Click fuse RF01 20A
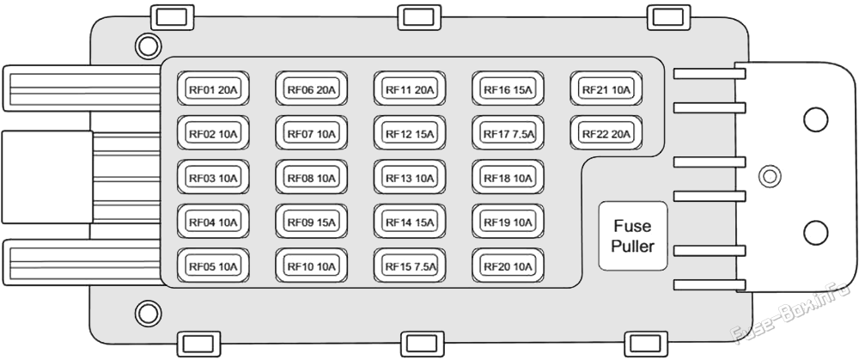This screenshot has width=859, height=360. click(213, 88)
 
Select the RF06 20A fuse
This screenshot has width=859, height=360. click(311, 88)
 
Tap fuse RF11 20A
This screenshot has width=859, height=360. click(410, 88)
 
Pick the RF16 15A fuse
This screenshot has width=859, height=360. click(508, 88)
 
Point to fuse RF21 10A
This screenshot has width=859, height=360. click(606, 88)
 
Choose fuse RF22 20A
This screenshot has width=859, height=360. click(606, 132)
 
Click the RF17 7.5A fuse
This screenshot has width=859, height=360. click(508, 132)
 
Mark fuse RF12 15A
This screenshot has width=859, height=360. click(410, 132)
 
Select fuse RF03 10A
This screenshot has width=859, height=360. click(213, 177)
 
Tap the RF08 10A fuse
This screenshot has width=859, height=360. click(311, 177)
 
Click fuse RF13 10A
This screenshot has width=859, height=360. click(410, 177)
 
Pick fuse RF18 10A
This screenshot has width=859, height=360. click(508, 177)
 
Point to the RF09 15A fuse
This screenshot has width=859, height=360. click(311, 222)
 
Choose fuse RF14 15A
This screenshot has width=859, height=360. click(410, 222)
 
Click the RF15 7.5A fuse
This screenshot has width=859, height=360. click(410, 265)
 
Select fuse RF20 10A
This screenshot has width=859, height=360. click(508, 265)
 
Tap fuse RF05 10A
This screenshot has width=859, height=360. click(213, 265)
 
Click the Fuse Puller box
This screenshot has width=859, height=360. click(633, 236)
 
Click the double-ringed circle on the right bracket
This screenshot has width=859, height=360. click(770, 176)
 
